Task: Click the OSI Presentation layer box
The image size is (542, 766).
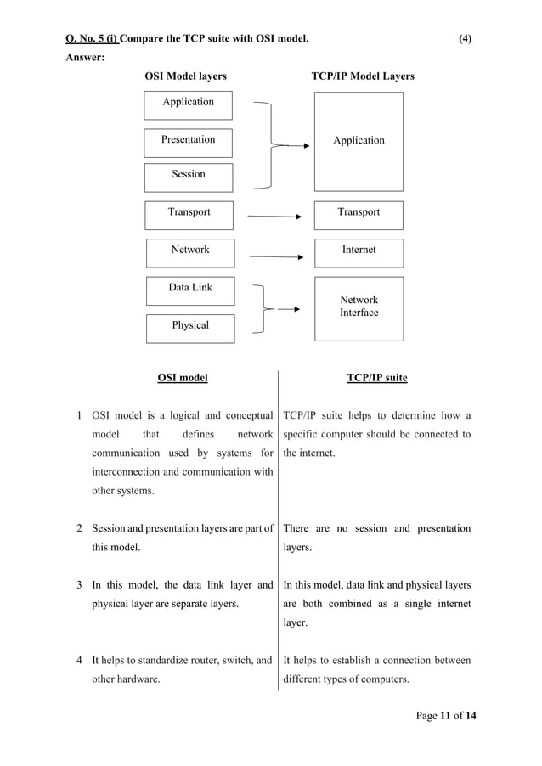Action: click(188, 141)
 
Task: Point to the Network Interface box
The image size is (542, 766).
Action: click(359, 307)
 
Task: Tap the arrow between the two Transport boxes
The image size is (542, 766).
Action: click(274, 217)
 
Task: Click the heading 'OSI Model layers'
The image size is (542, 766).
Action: click(185, 76)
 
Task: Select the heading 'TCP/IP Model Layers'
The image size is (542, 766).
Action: click(363, 76)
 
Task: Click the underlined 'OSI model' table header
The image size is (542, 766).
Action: click(183, 378)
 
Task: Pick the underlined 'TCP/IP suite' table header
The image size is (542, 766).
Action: click(376, 378)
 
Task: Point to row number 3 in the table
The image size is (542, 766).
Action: click(79, 584)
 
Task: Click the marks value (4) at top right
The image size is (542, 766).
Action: click(465, 38)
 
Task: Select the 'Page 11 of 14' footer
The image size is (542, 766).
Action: click(446, 717)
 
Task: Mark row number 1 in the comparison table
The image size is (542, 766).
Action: click(79, 415)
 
